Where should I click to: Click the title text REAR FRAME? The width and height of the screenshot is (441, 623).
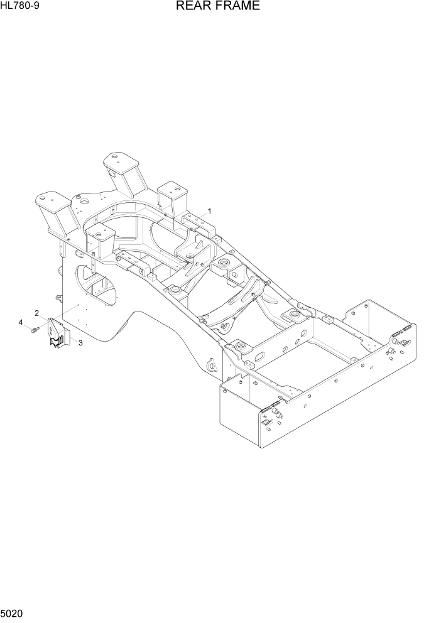tap(218, 8)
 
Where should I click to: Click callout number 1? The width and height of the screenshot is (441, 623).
tap(209, 211)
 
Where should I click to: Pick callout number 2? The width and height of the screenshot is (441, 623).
tap(37, 313)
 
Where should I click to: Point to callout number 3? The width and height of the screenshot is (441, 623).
tap(80, 342)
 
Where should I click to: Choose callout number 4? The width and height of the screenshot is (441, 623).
tap(21, 322)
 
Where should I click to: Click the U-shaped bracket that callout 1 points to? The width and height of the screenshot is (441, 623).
tap(196, 221)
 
